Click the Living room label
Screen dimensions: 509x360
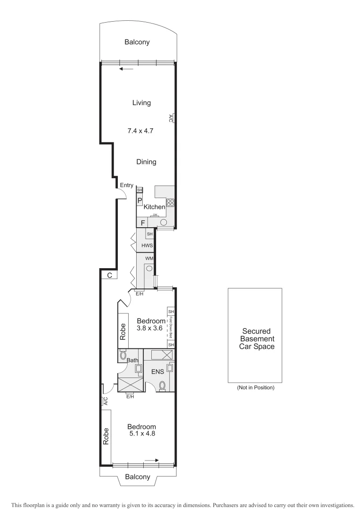(x=141, y=103)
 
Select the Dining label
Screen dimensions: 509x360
(x=146, y=162)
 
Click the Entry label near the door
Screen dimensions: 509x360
(x=126, y=185)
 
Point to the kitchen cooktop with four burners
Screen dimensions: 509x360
(x=171, y=203)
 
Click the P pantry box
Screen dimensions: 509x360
(x=140, y=201)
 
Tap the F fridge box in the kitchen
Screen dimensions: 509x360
(x=143, y=222)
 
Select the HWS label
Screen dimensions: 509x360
(x=147, y=246)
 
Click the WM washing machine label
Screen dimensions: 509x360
(x=149, y=259)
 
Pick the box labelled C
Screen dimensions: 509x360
(x=109, y=276)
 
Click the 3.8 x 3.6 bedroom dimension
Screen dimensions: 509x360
(x=149, y=328)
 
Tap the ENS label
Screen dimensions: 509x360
(x=157, y=371)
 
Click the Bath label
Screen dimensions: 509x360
(x=132, y=361)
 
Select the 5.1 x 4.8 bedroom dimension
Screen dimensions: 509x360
(x=142, y=434)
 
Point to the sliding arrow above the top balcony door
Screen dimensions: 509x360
(x=126, y=69)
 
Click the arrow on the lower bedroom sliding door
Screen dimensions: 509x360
(x=152, y=460)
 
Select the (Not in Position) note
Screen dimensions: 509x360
(x=255, y=388)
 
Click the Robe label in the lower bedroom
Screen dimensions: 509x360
(x=106, y=436)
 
